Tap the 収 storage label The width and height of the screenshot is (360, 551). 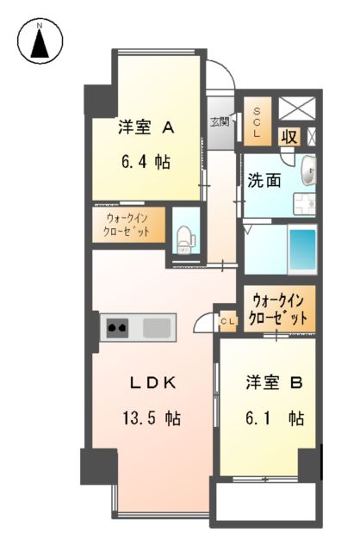click(x=289, y=136)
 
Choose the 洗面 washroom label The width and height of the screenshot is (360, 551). click(x=263, y=182)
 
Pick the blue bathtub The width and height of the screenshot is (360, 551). click(x=301, y=249)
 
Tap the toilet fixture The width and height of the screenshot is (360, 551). click(x=183, y=238)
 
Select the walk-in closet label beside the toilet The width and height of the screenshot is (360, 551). click(x=128, y=226)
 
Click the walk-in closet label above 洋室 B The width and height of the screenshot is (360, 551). click(x=278, y=308)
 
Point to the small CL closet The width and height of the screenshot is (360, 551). click(x=227, y=321)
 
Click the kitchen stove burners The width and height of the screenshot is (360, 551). click(x=117, y=327)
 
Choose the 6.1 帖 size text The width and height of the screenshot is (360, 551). click(x=271, y=418)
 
